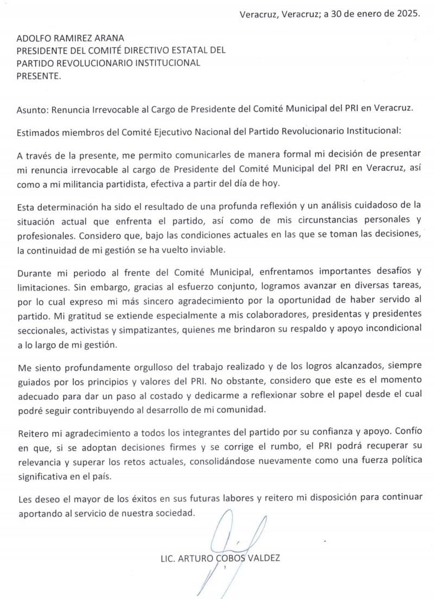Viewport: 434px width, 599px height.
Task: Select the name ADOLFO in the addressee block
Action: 35,38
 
